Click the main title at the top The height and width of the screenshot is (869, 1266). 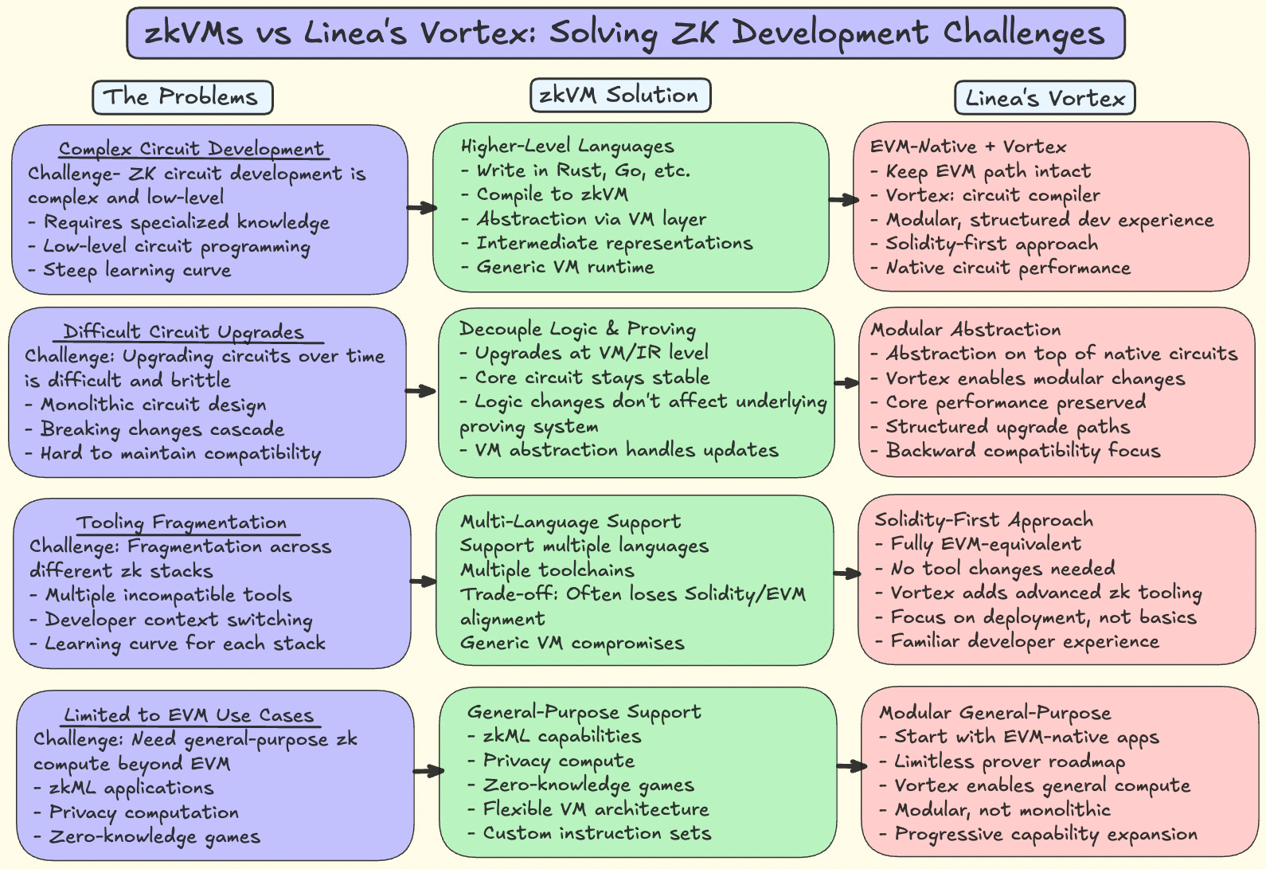(x=625, y=33)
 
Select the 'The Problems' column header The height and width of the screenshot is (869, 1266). (x=182, y=97)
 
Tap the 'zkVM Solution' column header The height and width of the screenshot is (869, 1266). (x=619, y=96)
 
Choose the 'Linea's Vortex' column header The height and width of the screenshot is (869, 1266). (x=1045, y=99)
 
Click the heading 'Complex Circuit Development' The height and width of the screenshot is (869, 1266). (x=192, y=149)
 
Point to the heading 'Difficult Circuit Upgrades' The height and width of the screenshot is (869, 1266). (x=184, y=332)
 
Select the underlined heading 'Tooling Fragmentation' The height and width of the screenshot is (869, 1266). (x=182, y=523)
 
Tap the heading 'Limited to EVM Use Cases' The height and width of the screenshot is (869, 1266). (x=189, y=715)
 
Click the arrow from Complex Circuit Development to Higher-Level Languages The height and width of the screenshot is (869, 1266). (x=421, y=208)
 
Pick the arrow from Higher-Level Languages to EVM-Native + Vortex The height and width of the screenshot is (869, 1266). (x=843, y=200)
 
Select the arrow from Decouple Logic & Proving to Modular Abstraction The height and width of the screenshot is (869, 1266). (x=846, y=384)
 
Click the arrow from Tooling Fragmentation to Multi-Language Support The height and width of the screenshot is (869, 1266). (x=423, y=581)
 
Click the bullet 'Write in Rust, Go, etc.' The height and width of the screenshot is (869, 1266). (x=583, y=170)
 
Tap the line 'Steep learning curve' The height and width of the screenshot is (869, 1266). (x=137, y=270)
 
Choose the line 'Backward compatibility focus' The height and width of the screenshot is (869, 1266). (x=1023, y=451)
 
